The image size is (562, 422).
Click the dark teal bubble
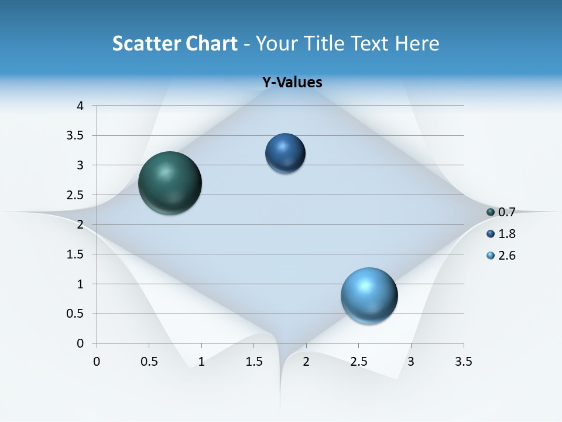pos(170,183)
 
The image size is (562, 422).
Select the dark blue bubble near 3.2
pos(285,154)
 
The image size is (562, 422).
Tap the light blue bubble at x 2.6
pos(369,295)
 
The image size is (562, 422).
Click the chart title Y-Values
pos(292,82)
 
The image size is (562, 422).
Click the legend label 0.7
pos(506,212)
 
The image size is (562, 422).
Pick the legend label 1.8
pos(506,234)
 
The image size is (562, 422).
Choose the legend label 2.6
pos(506,256)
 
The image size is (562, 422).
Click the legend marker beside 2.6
pos(491,256)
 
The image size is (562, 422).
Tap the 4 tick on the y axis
pos(80,106)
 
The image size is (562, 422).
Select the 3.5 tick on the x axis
pos(463,362)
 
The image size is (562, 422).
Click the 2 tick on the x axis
pos(306,362)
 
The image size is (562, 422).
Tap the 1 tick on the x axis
pos(201,362)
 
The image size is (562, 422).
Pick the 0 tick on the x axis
pos(97,362)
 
